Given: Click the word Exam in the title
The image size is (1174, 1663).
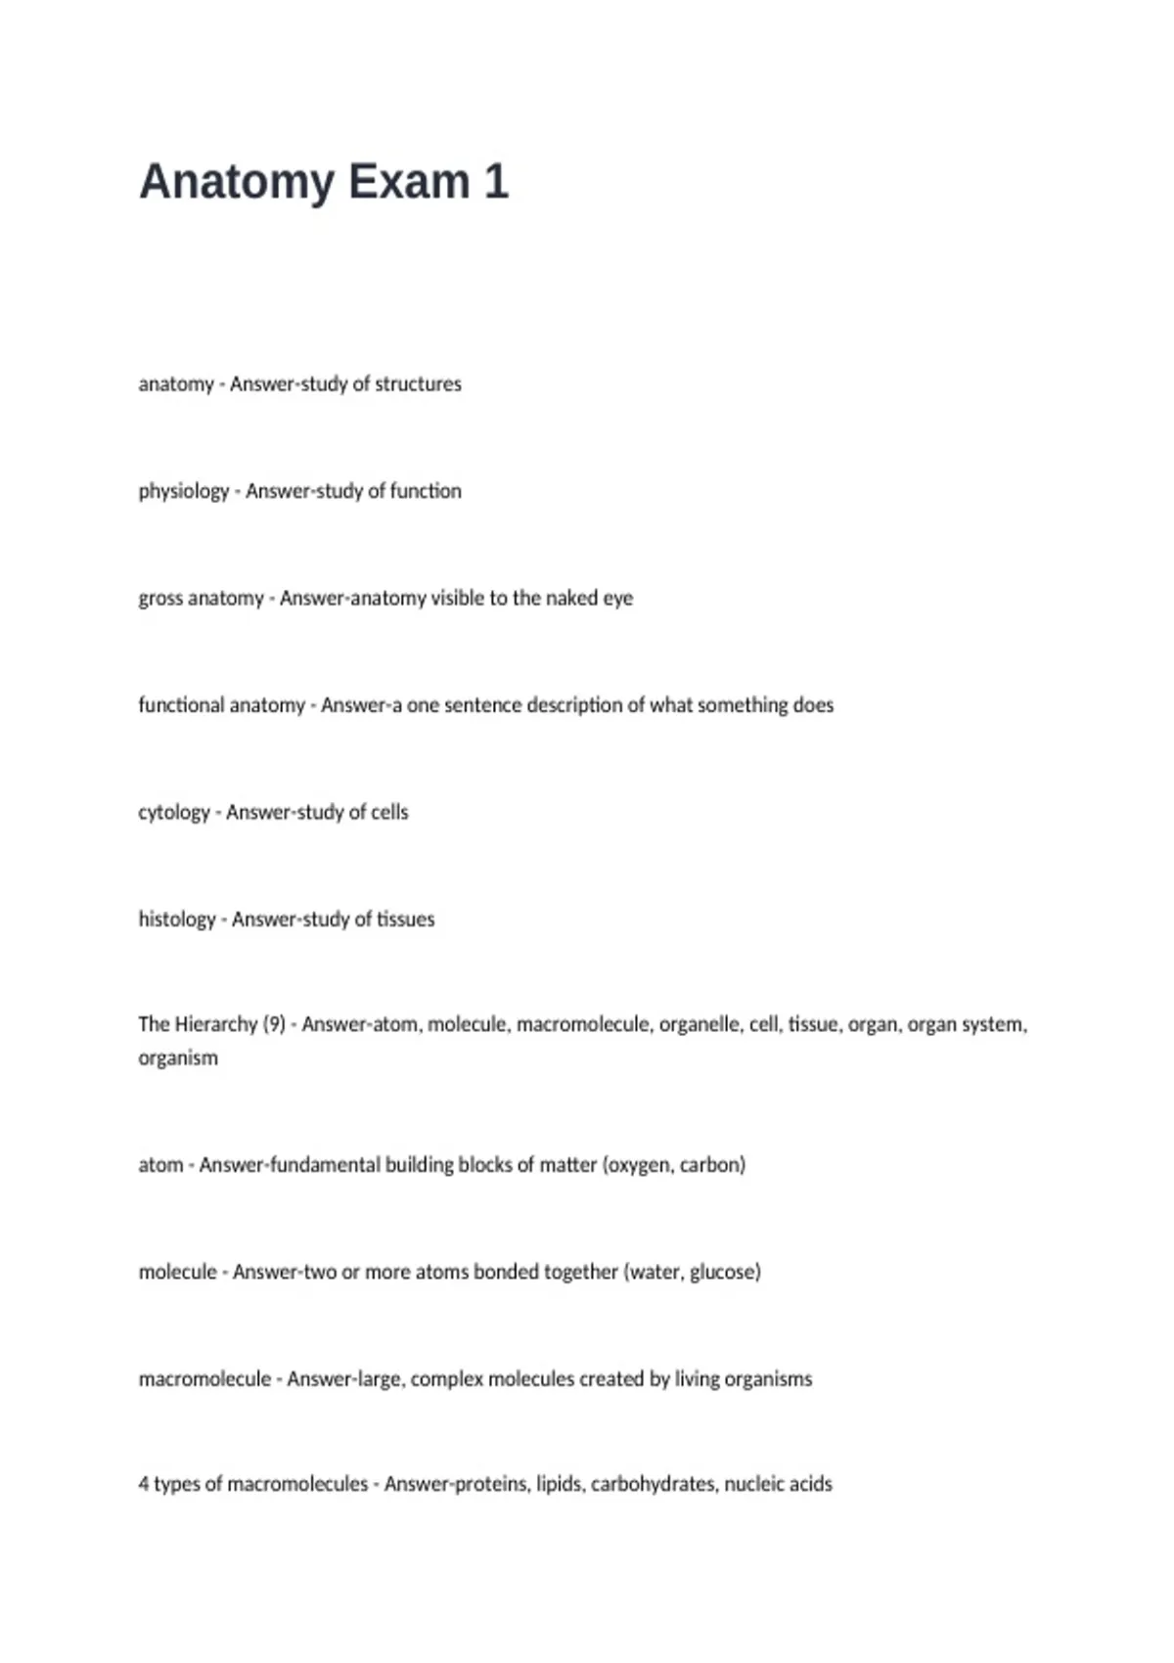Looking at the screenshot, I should [x=408, y=182].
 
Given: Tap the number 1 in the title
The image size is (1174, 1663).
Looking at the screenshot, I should [x=496, y=182].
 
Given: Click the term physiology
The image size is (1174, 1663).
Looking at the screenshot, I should [x=183, y=491].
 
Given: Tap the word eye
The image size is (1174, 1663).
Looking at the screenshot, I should [x=617, y=599].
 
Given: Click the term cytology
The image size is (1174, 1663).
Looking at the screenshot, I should [x=174, y=813].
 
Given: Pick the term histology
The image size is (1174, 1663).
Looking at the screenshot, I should [x=176, y=920].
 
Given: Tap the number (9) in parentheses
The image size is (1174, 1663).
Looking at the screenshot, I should [x=274, y=1024].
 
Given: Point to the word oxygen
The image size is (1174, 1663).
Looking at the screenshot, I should [x=638, y=1165].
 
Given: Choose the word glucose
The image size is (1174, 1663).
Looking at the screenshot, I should [x=725, y=1272].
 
